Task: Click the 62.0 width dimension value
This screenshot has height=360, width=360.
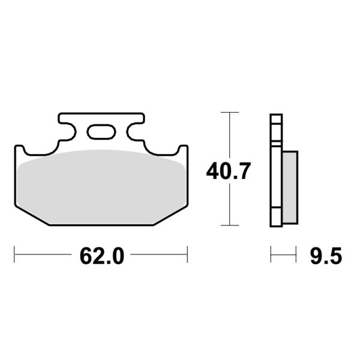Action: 102,256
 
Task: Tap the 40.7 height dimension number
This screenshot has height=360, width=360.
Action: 228,171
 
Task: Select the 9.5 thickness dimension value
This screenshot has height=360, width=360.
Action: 326,256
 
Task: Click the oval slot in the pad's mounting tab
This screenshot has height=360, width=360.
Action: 101,132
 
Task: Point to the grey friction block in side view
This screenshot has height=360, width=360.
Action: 290,187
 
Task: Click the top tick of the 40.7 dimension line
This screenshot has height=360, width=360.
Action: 230,112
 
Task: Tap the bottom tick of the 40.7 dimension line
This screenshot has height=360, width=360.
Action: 230,225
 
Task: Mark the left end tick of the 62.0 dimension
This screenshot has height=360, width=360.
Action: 14,254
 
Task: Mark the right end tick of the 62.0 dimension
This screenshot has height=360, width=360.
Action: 187,254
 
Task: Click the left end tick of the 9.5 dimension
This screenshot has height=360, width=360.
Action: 271,254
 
